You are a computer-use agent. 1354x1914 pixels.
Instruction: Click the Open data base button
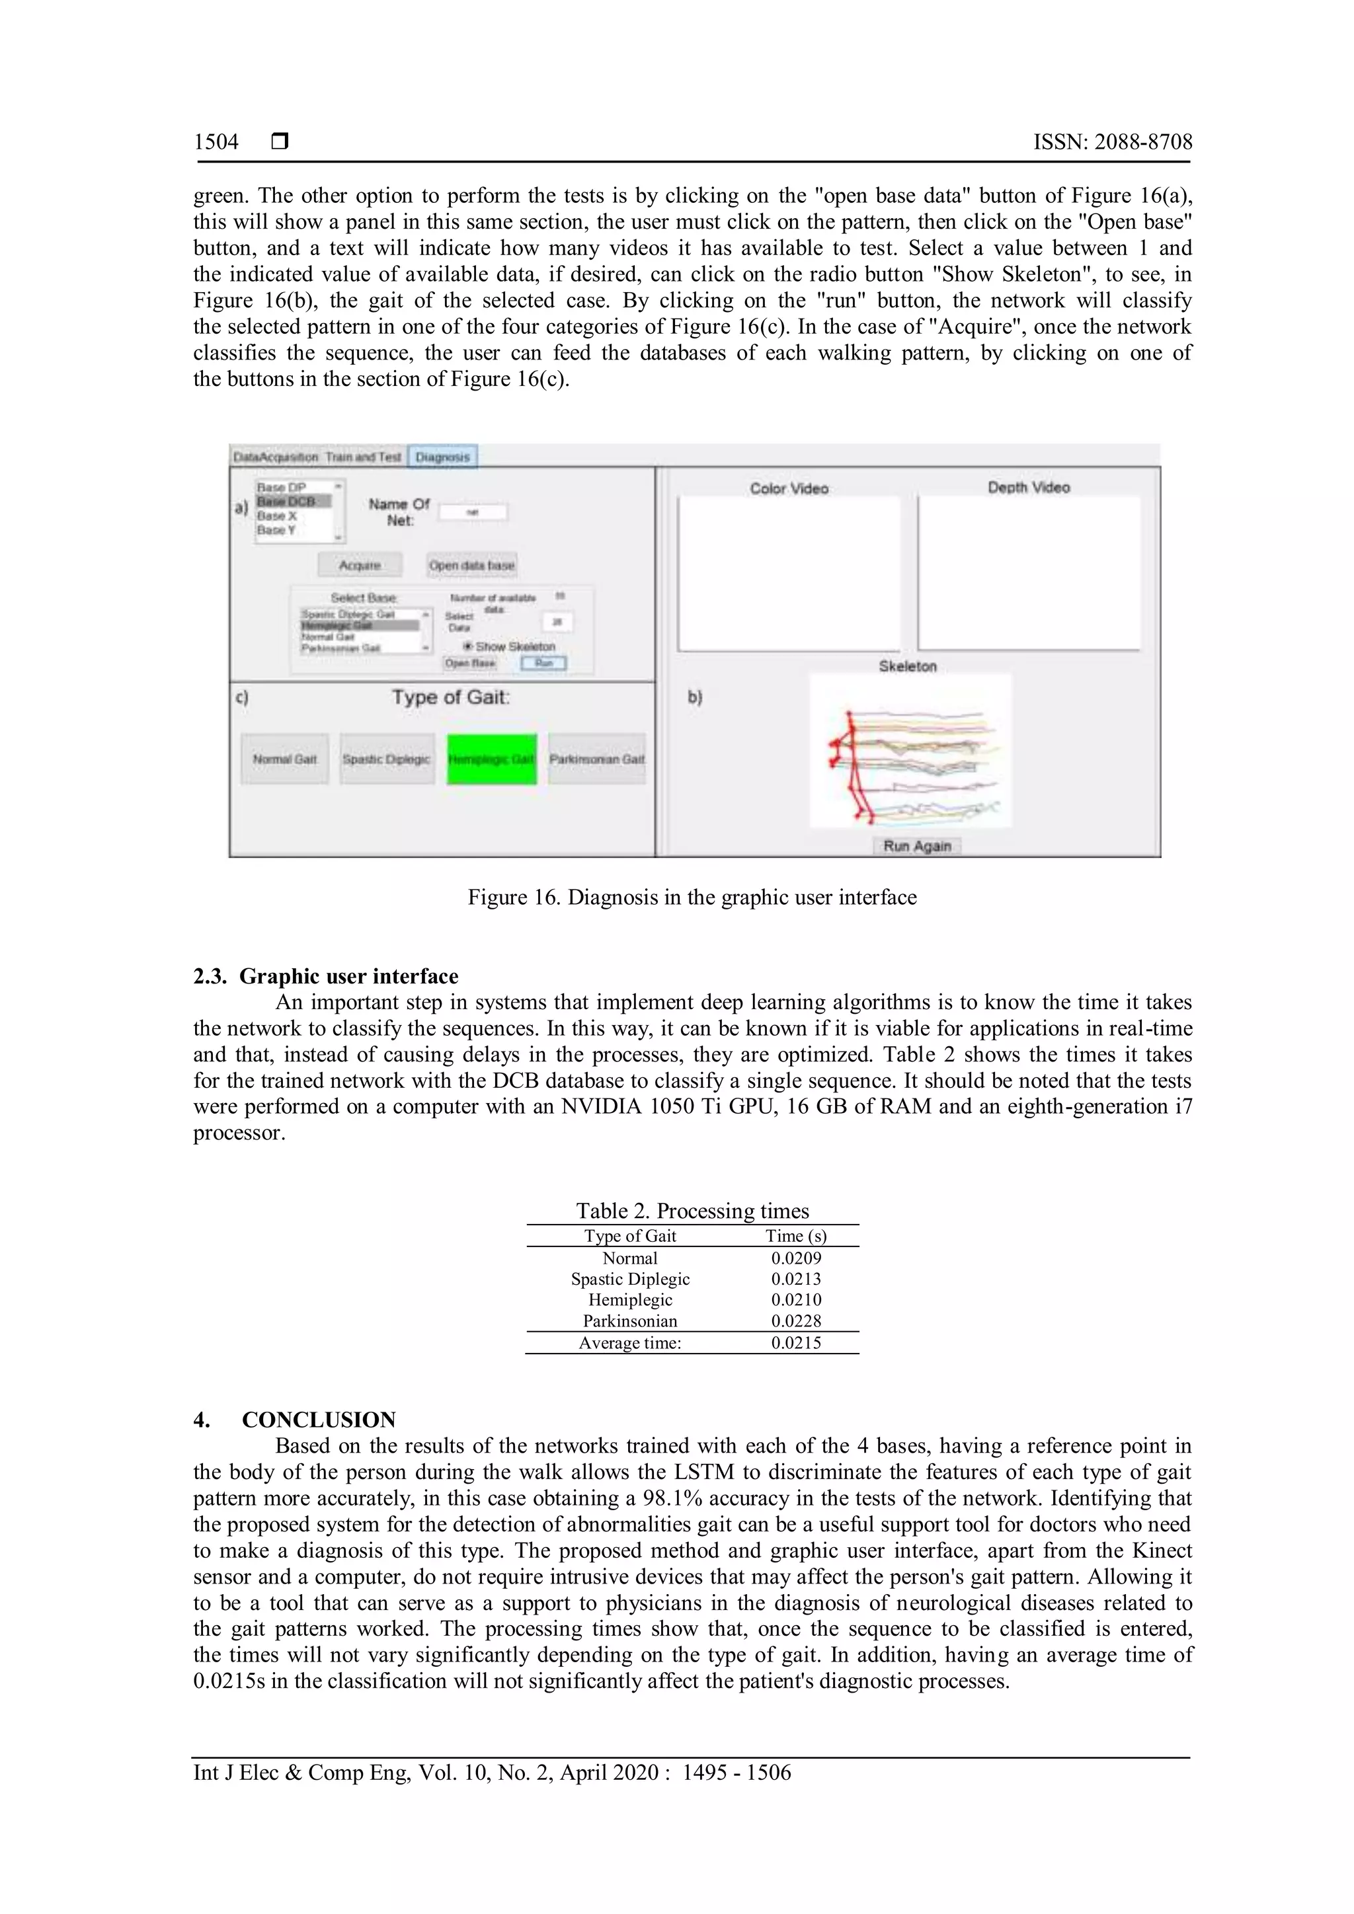472,565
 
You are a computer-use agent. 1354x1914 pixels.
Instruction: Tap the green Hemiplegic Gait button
491,759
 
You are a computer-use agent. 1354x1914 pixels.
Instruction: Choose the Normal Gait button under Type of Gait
285,759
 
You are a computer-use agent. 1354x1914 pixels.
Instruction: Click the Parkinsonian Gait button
597,759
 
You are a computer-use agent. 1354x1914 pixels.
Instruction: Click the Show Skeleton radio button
469,646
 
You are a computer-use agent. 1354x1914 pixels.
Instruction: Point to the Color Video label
789,488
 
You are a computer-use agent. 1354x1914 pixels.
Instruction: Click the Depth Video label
1029,488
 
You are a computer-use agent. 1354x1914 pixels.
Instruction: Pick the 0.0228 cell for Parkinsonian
795,1321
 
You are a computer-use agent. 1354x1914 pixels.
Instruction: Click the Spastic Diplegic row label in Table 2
630,1279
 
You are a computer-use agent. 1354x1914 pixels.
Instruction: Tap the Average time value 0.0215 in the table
795,1343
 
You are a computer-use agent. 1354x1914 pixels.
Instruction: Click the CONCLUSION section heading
319,1420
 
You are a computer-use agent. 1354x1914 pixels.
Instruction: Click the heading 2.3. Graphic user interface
326,976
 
